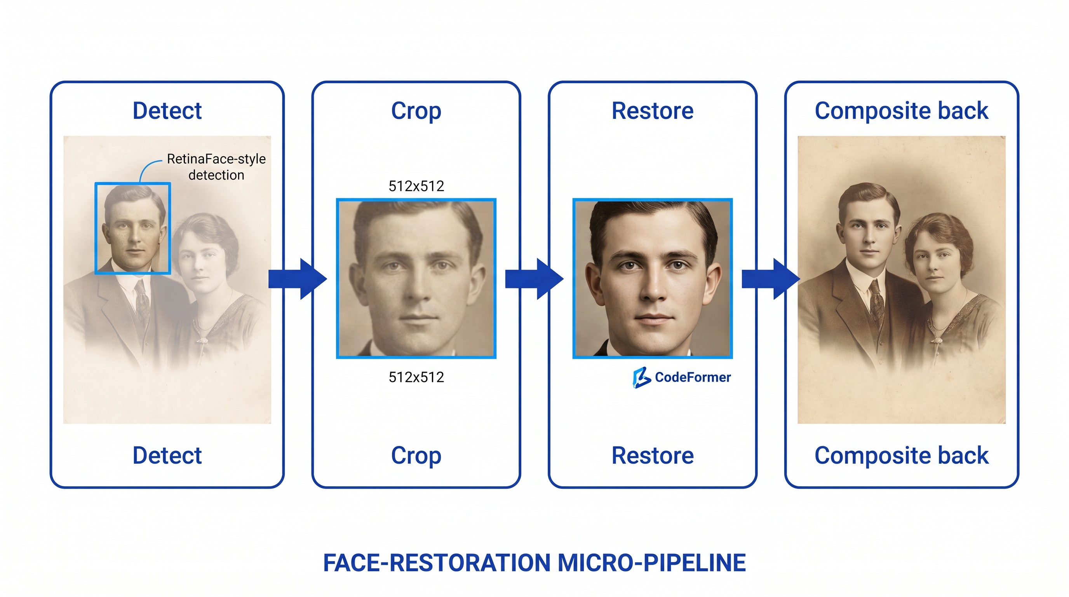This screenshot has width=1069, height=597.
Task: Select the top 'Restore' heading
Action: (652, 111)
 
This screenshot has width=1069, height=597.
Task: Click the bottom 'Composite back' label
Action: (901, 456)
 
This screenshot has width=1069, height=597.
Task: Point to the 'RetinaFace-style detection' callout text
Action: (216, 167)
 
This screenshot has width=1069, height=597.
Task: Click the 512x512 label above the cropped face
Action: (416, 186)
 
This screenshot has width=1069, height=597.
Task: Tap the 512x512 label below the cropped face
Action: (416, 377)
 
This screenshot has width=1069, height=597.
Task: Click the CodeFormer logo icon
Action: (641, 377)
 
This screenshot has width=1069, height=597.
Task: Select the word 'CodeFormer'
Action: (693, 377)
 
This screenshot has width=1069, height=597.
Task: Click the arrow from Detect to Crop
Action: (298, 279)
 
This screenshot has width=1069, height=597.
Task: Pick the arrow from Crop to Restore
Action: (534, 279)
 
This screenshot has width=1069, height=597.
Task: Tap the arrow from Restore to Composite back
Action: (771, 279)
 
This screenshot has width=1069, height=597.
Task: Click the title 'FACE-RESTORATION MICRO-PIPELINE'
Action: (534, 563)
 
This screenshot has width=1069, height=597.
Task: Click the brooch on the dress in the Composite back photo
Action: (937, 340)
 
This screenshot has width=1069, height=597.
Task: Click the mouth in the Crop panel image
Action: (417, 318)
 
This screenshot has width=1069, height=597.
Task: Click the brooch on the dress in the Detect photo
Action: (202, 340)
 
